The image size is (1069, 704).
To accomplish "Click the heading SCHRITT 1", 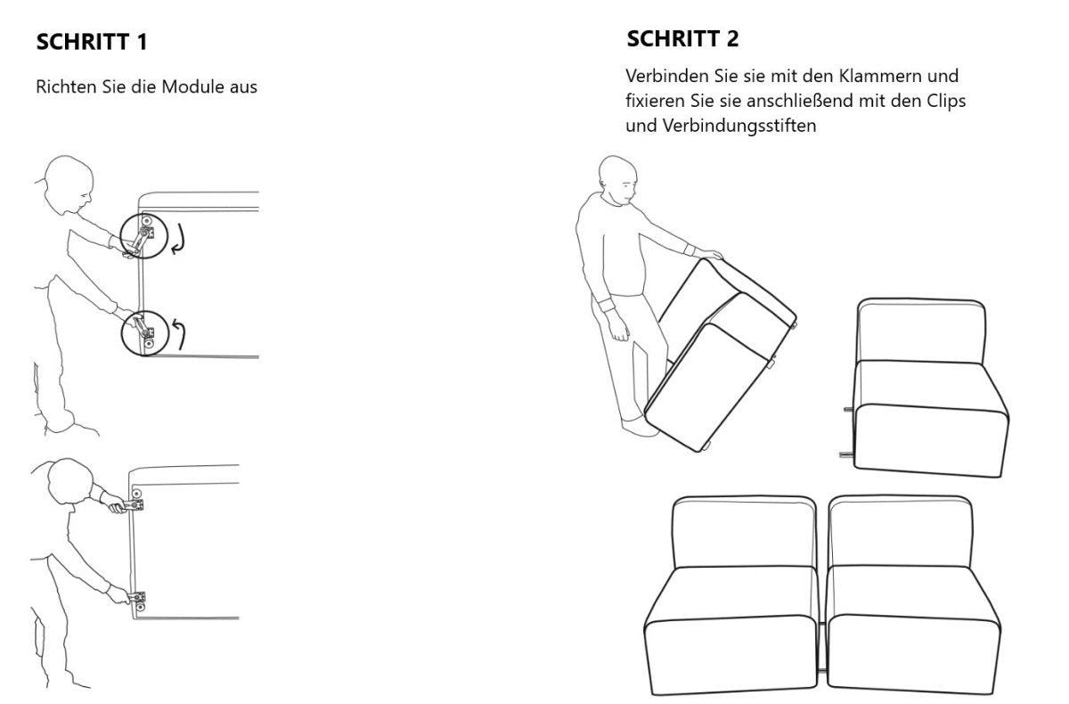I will [x=91, y=42].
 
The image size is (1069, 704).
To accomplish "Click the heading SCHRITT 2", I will [x=682, y=39].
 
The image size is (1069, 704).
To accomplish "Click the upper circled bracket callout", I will [x=143, y=236].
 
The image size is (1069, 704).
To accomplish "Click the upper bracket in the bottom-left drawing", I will [x=135, y=504].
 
